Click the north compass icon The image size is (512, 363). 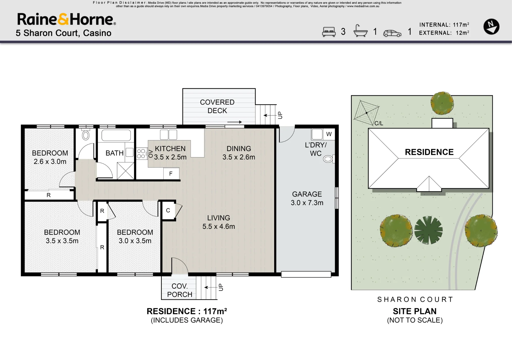491,27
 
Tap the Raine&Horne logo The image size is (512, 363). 66,19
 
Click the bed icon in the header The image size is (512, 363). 329,32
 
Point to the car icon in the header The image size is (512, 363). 392,33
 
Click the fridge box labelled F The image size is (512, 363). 171,174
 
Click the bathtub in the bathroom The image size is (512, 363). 116,135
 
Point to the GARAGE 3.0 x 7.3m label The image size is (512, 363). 307,198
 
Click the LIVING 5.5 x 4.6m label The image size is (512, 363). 219,222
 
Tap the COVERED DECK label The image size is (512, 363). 217,106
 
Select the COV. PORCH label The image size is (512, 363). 180,290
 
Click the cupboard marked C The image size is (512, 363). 168,210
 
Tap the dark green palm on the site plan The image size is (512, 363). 428,230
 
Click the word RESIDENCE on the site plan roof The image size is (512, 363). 429,152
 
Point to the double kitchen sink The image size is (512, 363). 168,134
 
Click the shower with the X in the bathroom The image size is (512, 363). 125,171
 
